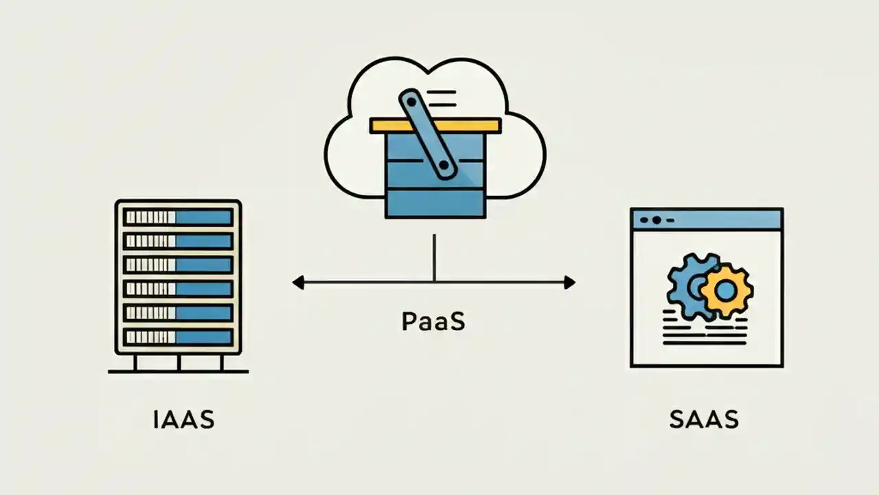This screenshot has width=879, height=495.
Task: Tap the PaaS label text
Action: [x=433, y=321]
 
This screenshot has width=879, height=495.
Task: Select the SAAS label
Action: [x=704, y=419]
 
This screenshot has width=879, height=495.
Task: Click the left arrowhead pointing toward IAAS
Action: [x=298, y=282]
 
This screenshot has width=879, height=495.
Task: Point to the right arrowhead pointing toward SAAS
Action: [x=569, y=282]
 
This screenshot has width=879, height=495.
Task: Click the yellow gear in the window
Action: [x=726, y=291]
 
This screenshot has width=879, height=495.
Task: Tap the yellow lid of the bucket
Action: [x=435, y=125]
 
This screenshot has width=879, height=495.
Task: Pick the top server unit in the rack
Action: [x=178, y=217]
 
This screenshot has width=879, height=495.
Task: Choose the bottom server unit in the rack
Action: [x=178, y=337]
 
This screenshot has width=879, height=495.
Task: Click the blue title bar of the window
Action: [x=707, y=220]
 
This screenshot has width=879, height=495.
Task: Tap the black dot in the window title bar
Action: [x=657, y=220]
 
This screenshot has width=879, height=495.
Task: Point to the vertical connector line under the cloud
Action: [x=434, y=258]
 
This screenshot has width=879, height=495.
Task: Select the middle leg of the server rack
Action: [x=179, y=362]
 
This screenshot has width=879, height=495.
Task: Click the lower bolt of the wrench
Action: [x=445, y=165]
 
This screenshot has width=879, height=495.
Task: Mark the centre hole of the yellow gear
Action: [x=726, y=291]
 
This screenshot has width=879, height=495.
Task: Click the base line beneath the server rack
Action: [x=179, y=371]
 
